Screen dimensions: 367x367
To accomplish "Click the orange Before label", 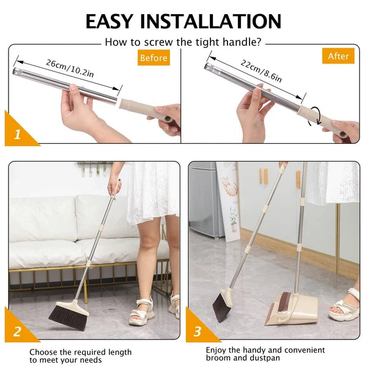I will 154,58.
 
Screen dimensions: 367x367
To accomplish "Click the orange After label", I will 338,56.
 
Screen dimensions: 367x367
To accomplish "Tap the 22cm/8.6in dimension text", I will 261,70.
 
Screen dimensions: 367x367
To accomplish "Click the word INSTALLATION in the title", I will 212,21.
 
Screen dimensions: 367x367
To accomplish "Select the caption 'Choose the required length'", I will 80,352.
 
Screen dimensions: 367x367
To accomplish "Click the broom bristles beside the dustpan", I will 221,306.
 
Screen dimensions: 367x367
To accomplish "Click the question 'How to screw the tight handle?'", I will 183,42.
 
